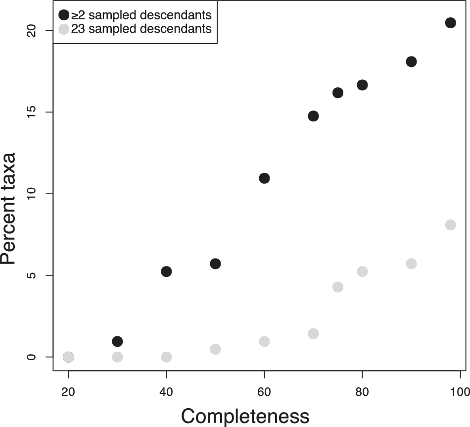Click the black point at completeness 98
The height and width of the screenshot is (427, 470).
(450, 23)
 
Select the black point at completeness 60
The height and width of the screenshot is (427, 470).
(264, 178)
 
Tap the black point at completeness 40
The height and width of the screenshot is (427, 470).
(166, 271)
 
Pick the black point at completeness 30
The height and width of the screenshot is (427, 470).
(117, 341)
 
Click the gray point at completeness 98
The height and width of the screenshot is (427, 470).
(450, 225)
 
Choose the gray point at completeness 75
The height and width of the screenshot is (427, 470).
(338, 287)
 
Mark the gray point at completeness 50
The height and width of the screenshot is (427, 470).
(215, 349)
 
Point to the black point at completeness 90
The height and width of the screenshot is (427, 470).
(411, 62)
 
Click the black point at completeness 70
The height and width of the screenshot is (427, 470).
(313, 116)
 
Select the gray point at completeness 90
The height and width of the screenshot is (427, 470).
(411, 264)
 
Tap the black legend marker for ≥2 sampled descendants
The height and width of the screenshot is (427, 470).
(64, 14)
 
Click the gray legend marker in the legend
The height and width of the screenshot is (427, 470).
(64, 29)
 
